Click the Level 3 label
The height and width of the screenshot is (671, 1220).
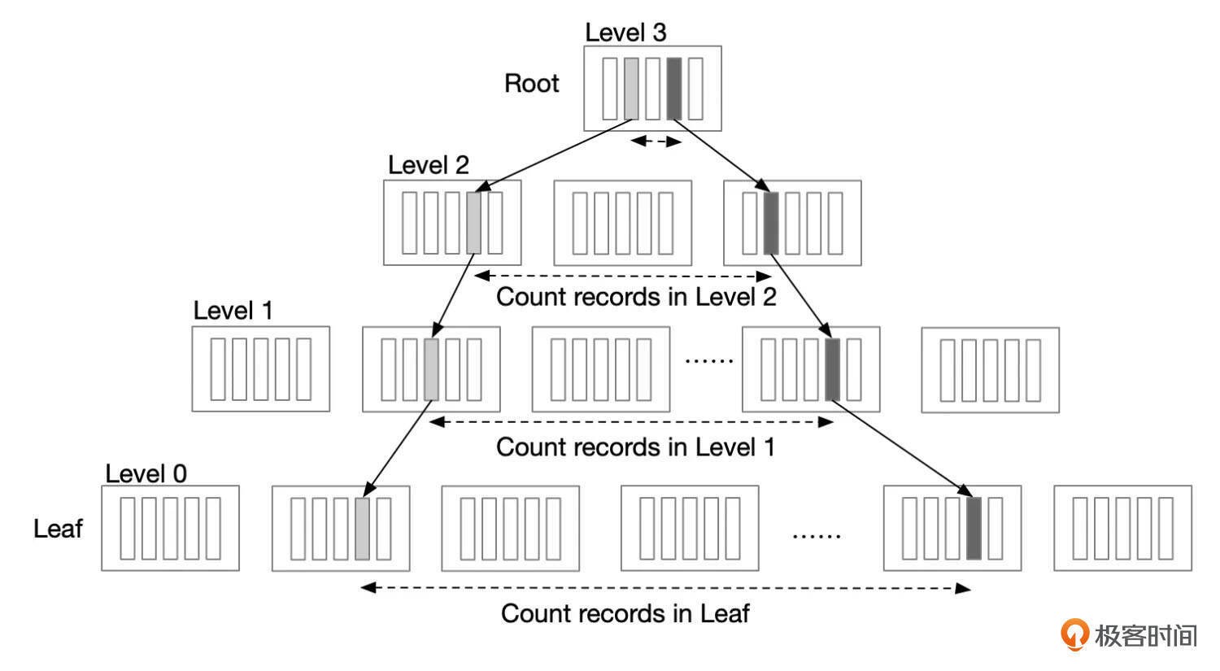pyautogui.click(x=625, y=33)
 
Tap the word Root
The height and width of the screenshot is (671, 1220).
pyautogui.click(x=532, y=83)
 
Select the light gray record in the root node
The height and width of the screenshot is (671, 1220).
pyautogui.click(x=631, y=89)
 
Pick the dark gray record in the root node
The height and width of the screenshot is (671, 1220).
pyautogui.click(x=674, y=89)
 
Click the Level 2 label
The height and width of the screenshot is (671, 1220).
pyautogui.click(x=429, y=165)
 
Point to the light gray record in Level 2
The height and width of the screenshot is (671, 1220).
pyautogui.click(x=474, y=223)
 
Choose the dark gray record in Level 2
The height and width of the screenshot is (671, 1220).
pyautogui.click(x=771, y=223)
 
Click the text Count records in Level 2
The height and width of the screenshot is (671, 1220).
pyautogui.click(x=636, y=297)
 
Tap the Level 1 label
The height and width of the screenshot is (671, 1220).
pyautogui.click(x=233, y=311)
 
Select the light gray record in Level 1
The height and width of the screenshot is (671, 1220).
pyautogui.click(x=431, y=369)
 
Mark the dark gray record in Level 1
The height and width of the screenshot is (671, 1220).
pyautogui.click(x=832, y=369)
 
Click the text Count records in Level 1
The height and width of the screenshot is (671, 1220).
pyautogui.click(x=635, y=447)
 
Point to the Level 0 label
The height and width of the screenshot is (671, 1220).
pyautogui.click(x=146, y=473)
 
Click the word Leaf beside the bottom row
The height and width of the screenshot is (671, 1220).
pyautogui.click(x=58, y=529)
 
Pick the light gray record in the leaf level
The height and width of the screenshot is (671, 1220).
pyautogui.click(x=362, y=529)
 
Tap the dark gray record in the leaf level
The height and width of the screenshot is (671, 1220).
pyautogui.click(x=974, y=529)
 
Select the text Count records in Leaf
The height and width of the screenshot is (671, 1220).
pyautogui.click(x=625, y=613)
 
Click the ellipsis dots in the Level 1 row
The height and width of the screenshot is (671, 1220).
pyautogui.click(x=709, y=359)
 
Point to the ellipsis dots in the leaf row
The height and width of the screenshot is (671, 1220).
pyautogui.click(x=817, y=535)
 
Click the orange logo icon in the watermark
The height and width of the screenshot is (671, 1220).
pyautogui.click(x=1074, y=634)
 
